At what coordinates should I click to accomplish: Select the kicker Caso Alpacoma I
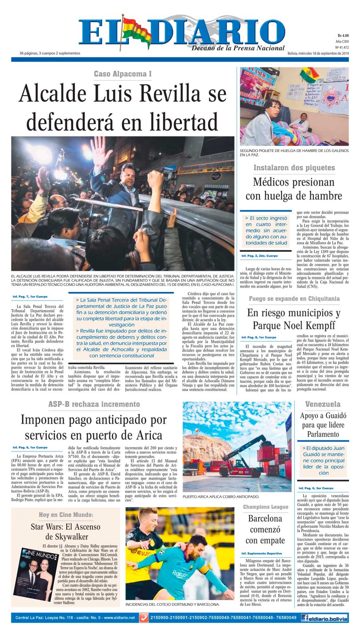[x=123, y=74]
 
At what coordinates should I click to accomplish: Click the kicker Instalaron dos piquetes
[x=294, y=168]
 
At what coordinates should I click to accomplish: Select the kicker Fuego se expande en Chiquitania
[x=294, y=299]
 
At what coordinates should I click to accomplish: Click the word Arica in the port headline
[x=148, y=435]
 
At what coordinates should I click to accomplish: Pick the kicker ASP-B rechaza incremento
[x=94, y=404]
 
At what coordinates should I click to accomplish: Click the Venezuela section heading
[x=323, y=404]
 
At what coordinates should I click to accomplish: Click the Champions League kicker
[x=265, y=507]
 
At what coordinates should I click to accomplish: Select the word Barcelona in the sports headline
[x=265, y=518]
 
